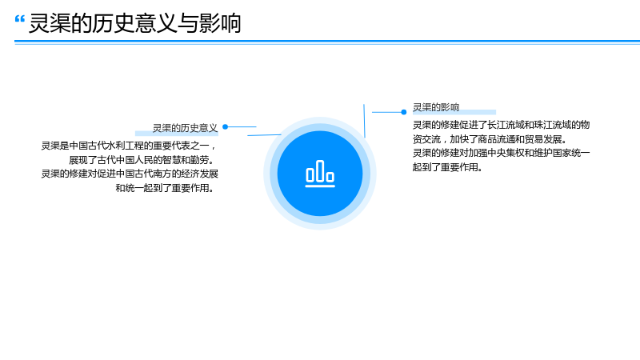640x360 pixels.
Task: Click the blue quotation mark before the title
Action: [x=19, y=18]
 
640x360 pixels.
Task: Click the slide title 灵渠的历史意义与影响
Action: [x=134, y=23]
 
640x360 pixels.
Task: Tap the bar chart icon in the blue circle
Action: [x=320, y=174]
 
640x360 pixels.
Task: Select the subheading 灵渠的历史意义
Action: [x=185, y=128]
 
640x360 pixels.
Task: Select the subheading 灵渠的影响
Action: [x=436, y=107]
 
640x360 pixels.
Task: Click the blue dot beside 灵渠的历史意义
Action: [x=225, y=127]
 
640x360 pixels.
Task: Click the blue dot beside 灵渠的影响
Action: [x=404, y=112]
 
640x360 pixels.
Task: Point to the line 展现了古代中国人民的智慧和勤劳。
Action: [x=142, y=159]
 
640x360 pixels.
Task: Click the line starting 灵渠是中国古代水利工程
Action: [x=129, y=146]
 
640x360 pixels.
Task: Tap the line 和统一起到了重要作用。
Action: [x=165, y=188]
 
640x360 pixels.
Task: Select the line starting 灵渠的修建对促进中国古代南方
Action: [x=130, y=174]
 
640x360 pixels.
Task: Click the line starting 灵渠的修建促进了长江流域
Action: [x=502, y=125]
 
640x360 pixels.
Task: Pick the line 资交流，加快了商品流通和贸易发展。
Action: [x=490, y=139]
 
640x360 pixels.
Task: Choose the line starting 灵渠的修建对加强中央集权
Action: [x=502, y=153]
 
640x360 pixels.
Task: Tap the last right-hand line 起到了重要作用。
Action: [x=447, y=167]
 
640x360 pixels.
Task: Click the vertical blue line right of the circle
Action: [x=364, y=121]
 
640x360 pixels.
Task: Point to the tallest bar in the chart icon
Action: [x=320, y=170]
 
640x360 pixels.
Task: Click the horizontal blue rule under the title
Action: [x=327, y=42]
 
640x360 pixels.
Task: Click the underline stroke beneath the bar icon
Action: [x=320, y=186]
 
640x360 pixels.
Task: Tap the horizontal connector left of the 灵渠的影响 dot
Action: [x=386, y=112]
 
